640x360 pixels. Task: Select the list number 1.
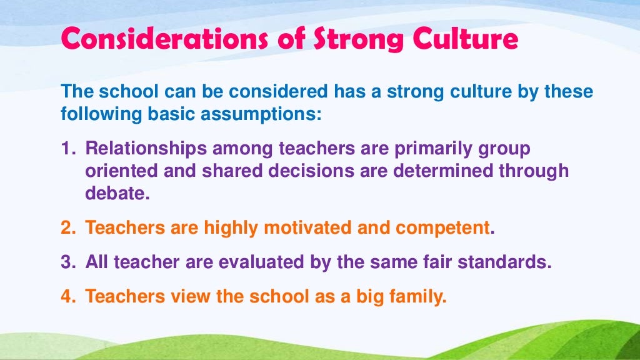coord(66,150)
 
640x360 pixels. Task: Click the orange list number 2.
coord(67,228)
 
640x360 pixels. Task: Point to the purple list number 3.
coord(67,262)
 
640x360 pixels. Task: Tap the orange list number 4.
coord(67,296)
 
